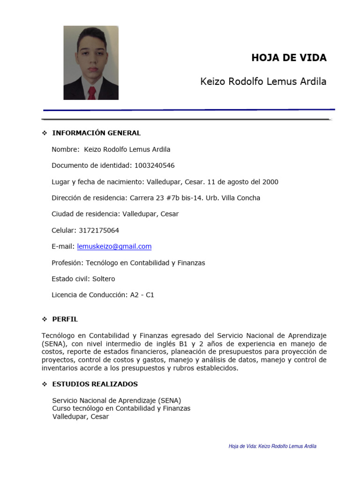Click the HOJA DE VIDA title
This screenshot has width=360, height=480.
[289, 58]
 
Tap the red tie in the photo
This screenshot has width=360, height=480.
[92, 92]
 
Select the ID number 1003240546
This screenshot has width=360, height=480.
[155, 165]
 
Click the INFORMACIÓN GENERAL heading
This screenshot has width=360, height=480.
[96, 133]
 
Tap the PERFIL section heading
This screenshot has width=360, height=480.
[65, 319]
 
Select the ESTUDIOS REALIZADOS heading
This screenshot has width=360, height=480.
[95, 384]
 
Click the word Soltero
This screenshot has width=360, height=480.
[104, 279]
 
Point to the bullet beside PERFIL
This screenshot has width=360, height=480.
[45, 319]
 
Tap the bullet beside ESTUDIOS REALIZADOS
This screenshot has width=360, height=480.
[45, 384]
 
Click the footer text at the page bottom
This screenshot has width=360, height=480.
[272, 446]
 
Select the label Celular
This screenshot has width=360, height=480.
[63, 230]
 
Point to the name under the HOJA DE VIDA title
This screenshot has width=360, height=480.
[263, 82]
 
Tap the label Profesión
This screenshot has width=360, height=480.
[67, 262]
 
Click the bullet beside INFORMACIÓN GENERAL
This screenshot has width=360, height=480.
[45, 133]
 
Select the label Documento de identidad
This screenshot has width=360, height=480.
[92, 165]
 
